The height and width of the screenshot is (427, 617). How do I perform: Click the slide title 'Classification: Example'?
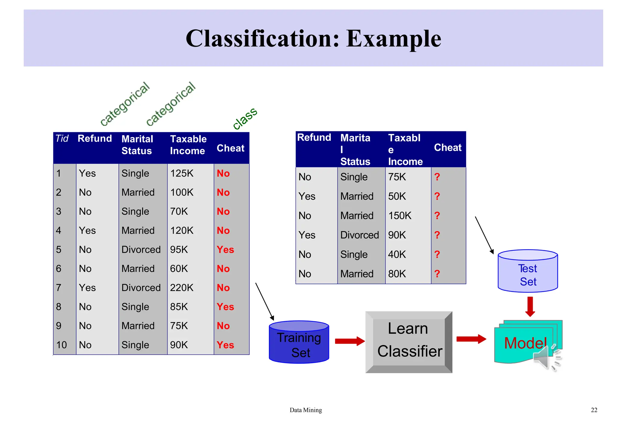[x=313, y=39]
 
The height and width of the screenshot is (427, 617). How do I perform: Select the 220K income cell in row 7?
[x=182, y=288]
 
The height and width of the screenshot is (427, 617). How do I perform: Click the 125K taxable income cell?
[x=182, y=173]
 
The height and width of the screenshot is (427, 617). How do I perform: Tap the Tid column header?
[x=62, y=139]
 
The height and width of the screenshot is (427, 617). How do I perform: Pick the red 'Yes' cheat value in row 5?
[x=225, y=250]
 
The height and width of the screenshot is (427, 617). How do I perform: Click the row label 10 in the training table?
[x=61, y=345]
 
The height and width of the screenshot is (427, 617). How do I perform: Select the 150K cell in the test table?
[x=400, y=216]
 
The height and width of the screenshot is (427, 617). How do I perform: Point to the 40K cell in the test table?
[x=397, y=254]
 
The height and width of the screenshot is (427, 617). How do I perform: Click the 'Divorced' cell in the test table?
[x=359, y=235]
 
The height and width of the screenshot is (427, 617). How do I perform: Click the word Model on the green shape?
[x=525, y=343]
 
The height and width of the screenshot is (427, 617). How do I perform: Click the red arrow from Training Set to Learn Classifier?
[x=349, y=341]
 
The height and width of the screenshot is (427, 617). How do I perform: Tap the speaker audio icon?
[x=546, y=358]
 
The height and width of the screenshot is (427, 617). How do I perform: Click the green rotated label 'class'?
[x=245, y=118]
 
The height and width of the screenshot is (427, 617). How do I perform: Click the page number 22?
[x=594, y=410]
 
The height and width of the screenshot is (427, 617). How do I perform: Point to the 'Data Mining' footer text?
[x=305, y=410]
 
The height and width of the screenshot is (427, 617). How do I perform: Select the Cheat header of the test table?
[x=447, y=148]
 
